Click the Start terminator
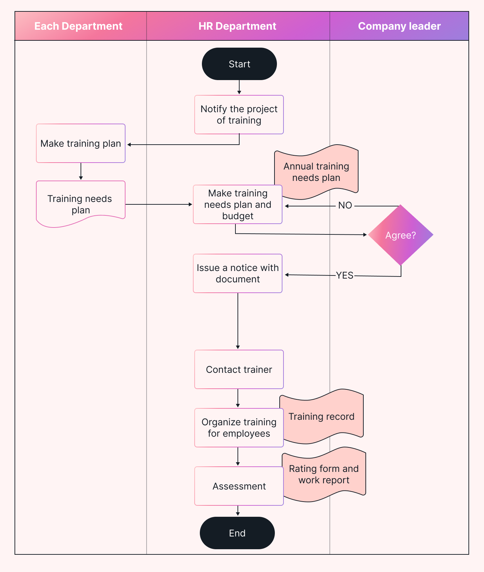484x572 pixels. (x=239, y=64)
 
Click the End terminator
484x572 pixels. (x=237, y=533)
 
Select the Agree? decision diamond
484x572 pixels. (x=400, y=235)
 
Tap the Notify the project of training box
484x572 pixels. (x=239, y=115)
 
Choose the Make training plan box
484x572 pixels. (x=81, y=143)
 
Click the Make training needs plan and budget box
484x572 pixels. (x=238, y=204)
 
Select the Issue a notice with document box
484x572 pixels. (x=238, y=273)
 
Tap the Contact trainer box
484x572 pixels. (x=239, y=369)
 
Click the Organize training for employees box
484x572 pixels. (x=239, y=428)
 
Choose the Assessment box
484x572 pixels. (x=239, y=486)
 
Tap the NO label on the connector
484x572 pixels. (x=345, y=205)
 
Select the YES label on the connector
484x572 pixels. (x=345, y=275)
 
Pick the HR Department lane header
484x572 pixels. (x=238, y=26)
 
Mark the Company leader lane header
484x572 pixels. (x=399, y=26)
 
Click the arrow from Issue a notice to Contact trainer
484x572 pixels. (x=238, y=321)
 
